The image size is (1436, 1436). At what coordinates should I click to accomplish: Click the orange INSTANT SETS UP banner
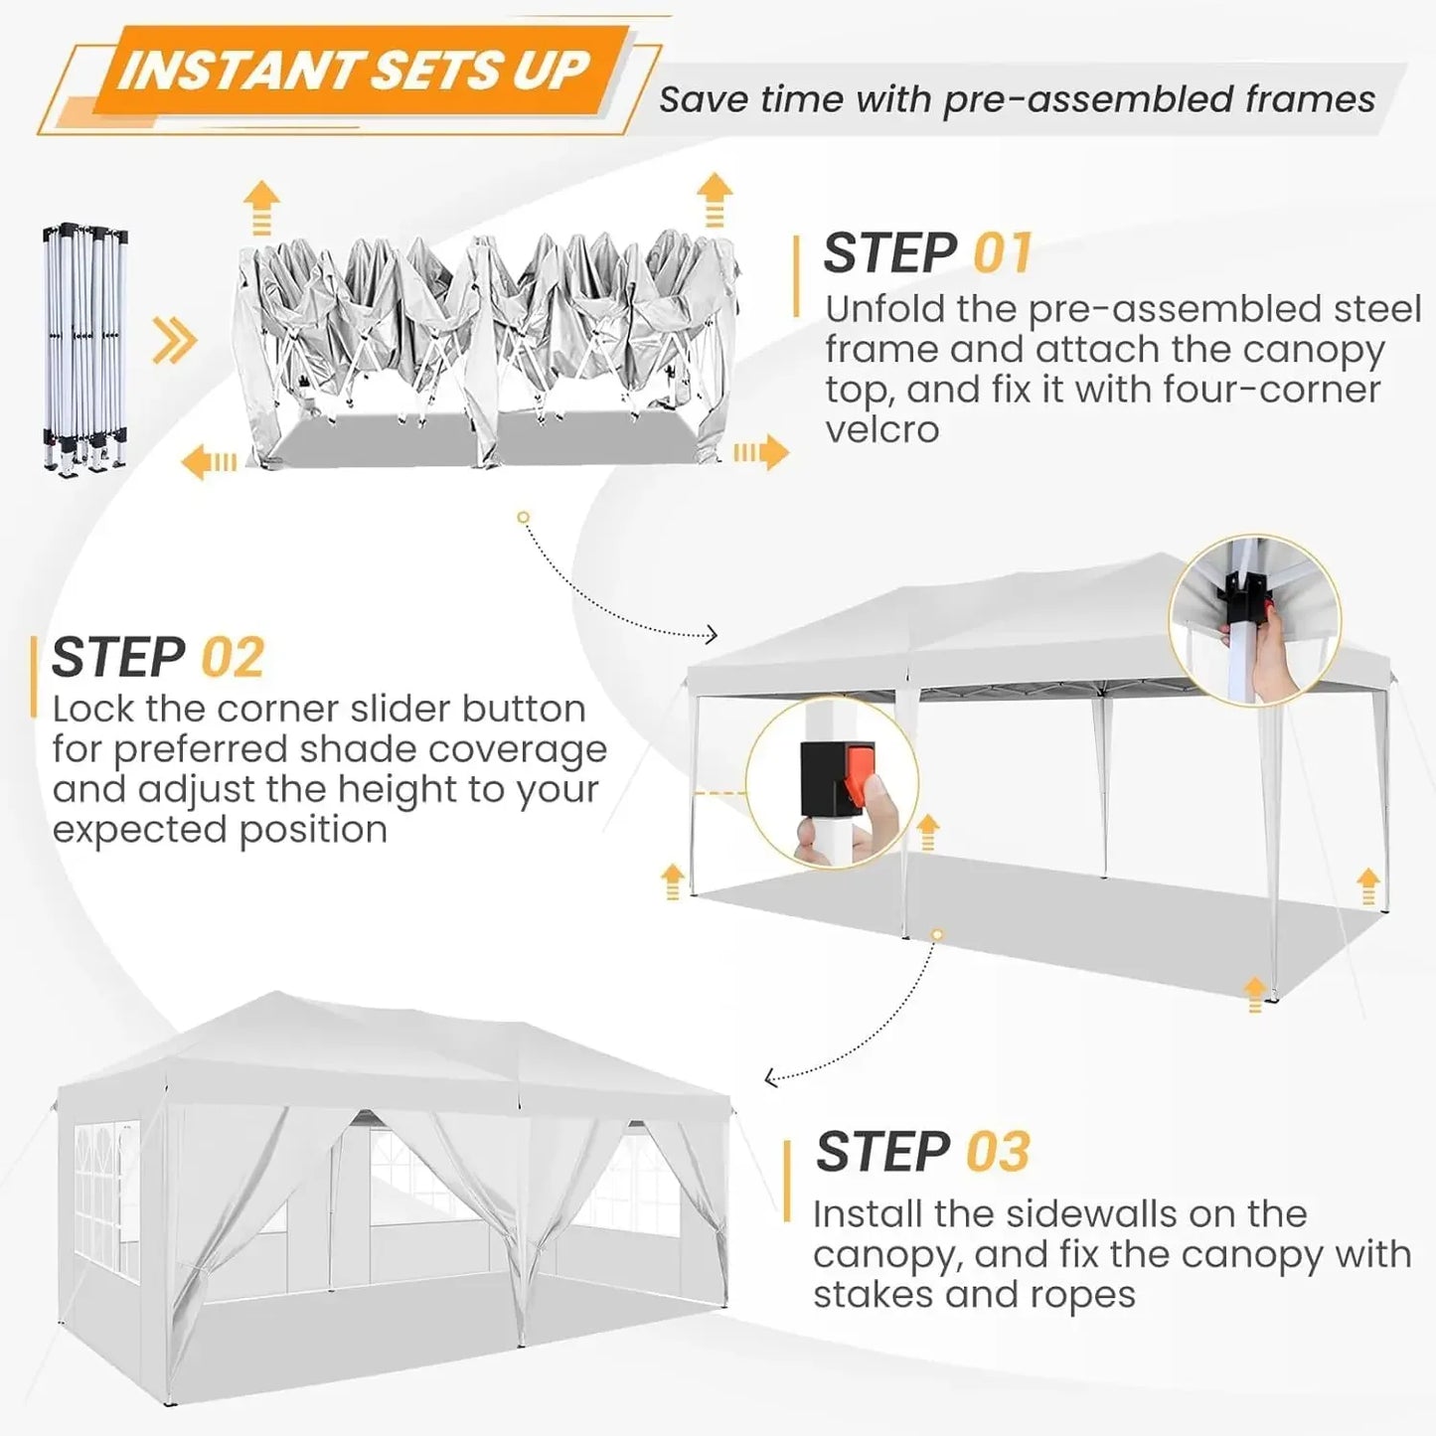tap(353, 72)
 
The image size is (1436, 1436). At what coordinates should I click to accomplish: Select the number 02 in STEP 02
tap(233, 657)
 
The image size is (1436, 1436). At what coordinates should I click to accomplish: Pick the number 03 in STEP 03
tap(997, 1152)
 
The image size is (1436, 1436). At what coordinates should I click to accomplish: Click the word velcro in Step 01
tap(881, 429)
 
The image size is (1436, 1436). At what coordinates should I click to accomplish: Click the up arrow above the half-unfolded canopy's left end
tap(261, 206)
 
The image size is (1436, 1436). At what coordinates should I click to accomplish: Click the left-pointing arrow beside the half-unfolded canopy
tap(209, 461)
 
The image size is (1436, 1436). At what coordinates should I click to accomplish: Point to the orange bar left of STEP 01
tap(796, 276)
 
